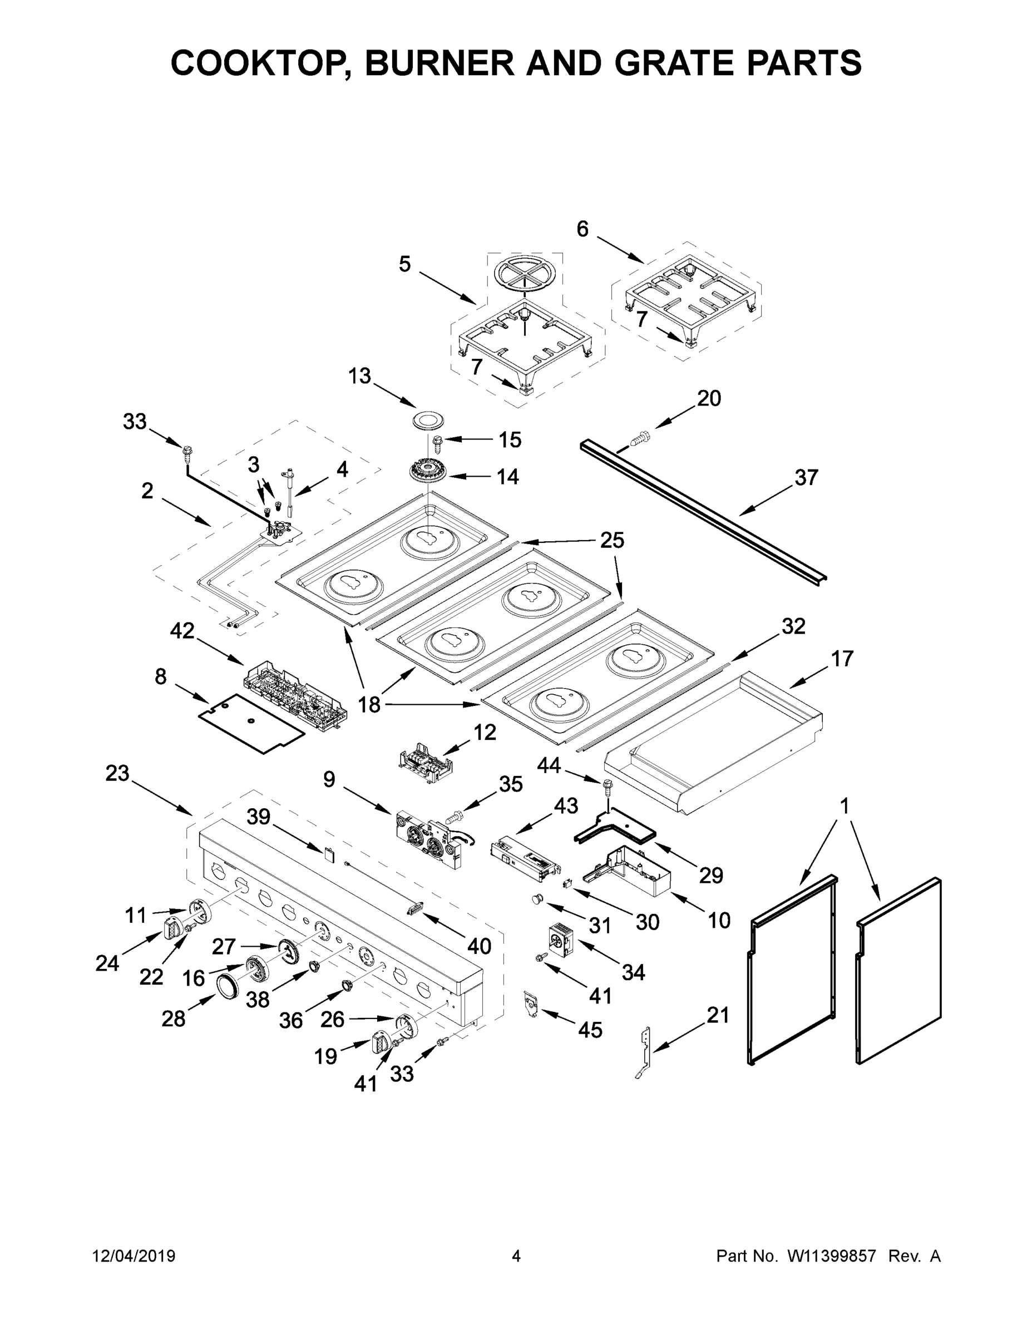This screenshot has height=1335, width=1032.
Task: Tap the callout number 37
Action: pyautogui.click(x=805, y=477)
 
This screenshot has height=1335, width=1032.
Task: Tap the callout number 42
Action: pyautogui.click(x=182, y=631)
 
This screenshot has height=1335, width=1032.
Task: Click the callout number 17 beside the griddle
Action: pyautogui.click(x=841, y=659)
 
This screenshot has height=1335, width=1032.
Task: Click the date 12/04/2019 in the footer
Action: pyautogui.click(x=134, y=1256)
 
